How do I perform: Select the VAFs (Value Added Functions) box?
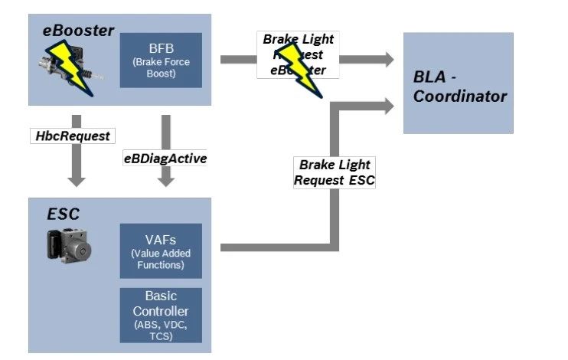tap(161, 250)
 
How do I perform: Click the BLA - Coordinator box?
tap(458, 82)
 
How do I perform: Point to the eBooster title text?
tap(79, 31)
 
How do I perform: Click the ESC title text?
tap(64, 214)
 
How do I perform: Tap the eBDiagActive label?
tap(165, 159)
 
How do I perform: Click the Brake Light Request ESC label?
tap(335, 173)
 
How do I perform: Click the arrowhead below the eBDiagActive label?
tap(165, 180)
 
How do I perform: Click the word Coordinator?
tap(460, 97)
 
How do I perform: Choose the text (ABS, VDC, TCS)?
tap(161, 330)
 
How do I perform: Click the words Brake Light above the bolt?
tap(298, 39)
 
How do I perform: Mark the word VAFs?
tap(161, 239)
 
